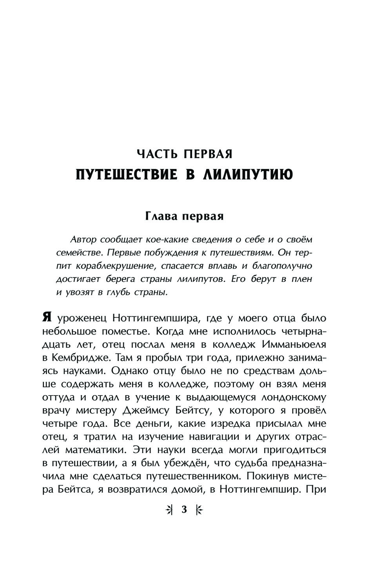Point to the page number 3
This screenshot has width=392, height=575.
pyautogui.click(x=184, y=510)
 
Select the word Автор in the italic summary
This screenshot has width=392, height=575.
pyautogui.click(x=82, y=239)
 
